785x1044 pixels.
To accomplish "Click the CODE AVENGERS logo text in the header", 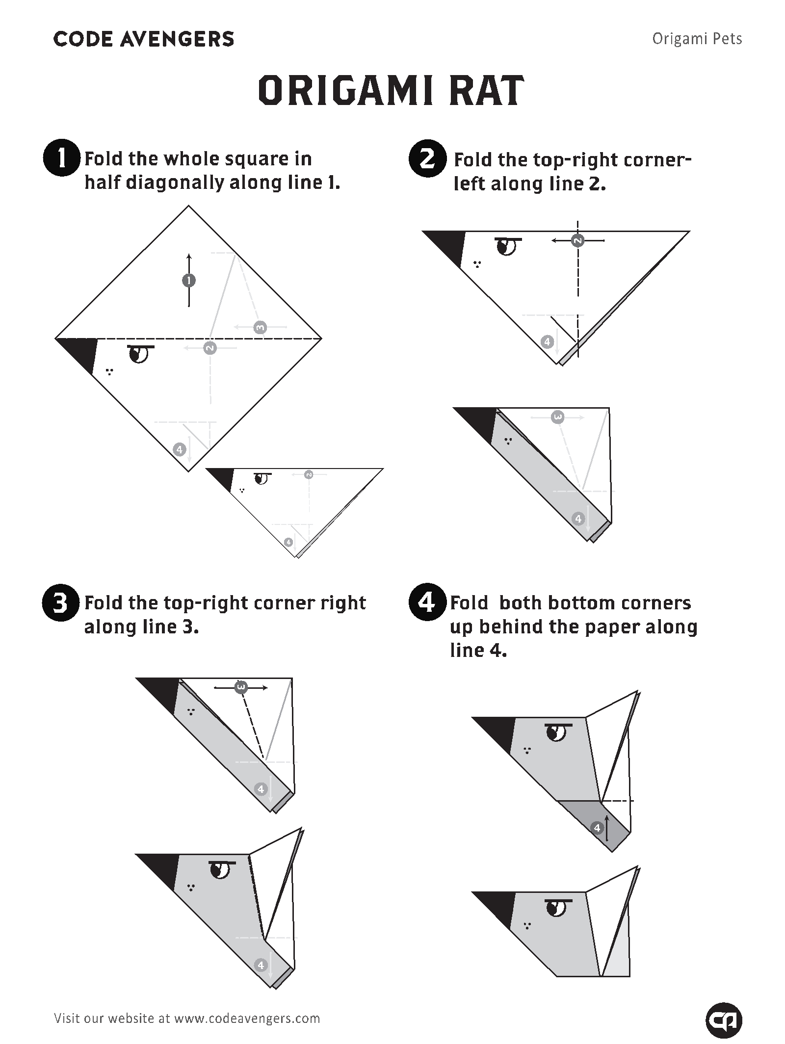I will click(x=143, y=39).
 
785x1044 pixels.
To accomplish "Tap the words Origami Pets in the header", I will click(x=697, y=39).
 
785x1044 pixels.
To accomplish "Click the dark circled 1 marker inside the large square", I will click(x=189, y=280).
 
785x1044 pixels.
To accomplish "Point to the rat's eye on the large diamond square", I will click(x=139, y=354).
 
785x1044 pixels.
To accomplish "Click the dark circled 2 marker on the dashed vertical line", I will click(x=578, y=240).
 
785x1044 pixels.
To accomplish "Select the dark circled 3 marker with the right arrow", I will click(x=240, y=687).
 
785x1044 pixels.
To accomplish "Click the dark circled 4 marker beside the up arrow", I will click(x=597, y=828).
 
